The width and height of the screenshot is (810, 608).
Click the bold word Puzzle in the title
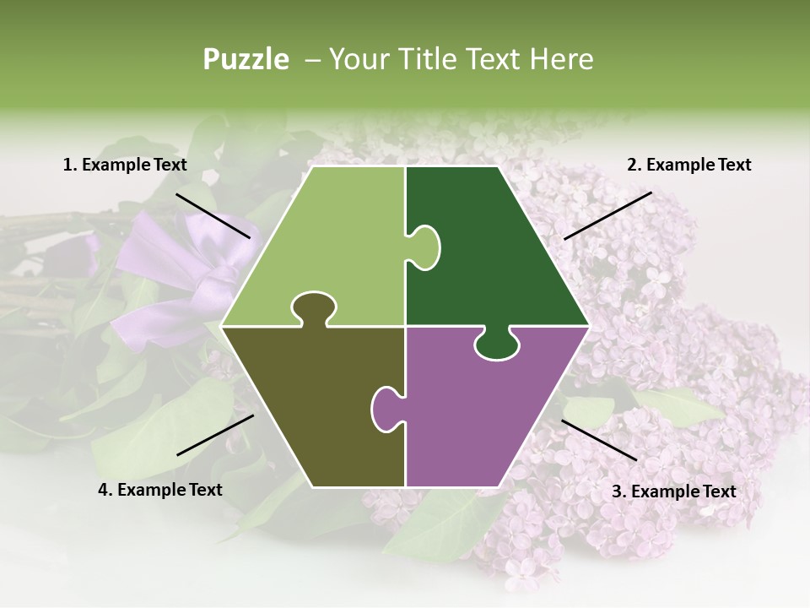tap(246, 59)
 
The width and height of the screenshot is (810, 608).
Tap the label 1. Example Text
tap(125, 165)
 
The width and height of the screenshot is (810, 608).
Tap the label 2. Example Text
tap(688, 165)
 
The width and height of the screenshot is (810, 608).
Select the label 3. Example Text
tap(673, 491)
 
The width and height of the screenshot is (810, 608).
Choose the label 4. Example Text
tap(160, 490)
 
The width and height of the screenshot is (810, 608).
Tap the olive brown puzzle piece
tap(312, 405)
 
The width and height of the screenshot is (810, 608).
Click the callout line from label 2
tap(607, 215)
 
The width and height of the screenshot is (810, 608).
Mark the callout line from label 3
tap(599, 440)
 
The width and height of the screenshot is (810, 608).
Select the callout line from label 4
tap(215, 435)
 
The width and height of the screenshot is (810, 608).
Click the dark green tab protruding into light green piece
tap(424, 247)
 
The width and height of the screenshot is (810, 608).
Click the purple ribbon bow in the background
tap(181, 270)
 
